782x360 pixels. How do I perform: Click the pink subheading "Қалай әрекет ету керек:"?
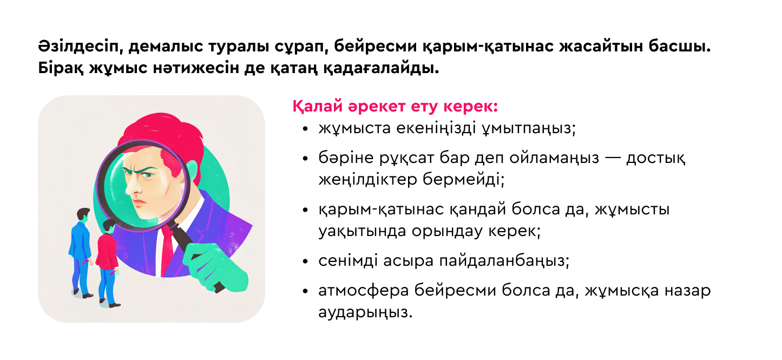coord(395,107)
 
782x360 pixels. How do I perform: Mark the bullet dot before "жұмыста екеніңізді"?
coord(306,130)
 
